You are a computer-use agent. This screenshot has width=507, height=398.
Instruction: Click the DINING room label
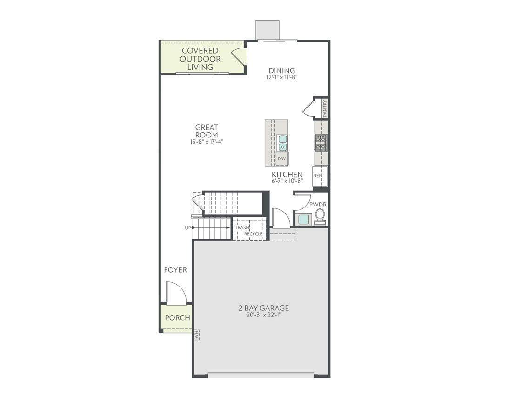(x=281, y=71)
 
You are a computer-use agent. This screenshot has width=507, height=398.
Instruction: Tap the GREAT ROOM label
(x=207, y=131)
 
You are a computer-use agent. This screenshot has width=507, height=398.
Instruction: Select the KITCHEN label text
(x=287, y=175)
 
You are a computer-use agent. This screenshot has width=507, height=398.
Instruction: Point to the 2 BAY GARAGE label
(x=264, y=308)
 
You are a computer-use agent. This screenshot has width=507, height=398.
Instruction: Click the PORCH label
(x=177, y=318)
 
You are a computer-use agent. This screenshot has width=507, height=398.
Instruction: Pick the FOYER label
(x=175, y=270)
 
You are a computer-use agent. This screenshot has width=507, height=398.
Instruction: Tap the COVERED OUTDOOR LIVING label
(x=200, y=59)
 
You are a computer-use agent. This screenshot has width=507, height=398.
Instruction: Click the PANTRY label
(x=325, y=109)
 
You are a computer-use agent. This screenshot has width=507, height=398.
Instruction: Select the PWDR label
(x=318, y=204)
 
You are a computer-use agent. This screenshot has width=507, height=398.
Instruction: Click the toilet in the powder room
(x=320, y=216)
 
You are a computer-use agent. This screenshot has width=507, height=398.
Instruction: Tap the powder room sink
(x=304, y=219)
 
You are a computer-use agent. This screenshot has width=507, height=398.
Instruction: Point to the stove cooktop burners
(x=321, y=142)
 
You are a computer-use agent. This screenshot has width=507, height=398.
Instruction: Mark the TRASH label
(x=242, y=227)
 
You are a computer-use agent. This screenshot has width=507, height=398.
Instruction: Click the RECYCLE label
(x=253, y=233)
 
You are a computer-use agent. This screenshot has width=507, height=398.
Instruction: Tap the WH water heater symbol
(x=196, y=335)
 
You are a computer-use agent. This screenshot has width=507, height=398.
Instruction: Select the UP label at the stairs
(x=188, y=228)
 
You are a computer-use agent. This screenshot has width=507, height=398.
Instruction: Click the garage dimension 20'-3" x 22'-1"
(x=264, y=315)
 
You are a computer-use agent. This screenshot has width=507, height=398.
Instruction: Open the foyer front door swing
(x=177, y=294)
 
